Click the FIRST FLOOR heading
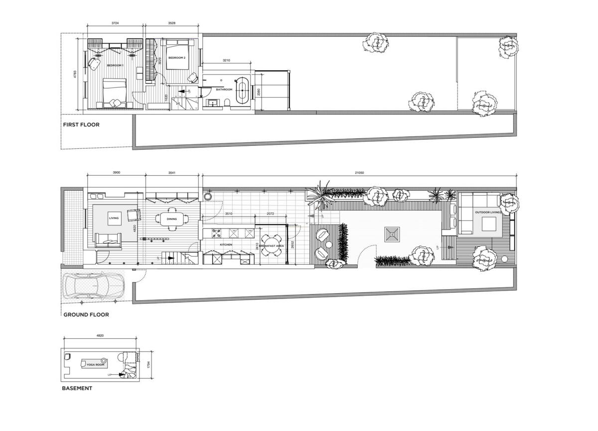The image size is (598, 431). pos(81,125)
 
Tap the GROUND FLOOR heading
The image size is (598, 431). pos(86,315)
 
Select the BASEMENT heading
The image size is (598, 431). pos(77,388)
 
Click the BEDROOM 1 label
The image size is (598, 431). pos(115,66)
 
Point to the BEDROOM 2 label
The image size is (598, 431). pos(176,58)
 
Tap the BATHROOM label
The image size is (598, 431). pos(224,90)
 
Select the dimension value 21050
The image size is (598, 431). pos(359,172)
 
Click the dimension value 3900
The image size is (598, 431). pos(116,172)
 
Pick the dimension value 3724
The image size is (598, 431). pos(115,23)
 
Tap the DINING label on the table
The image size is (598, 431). pos(171,219)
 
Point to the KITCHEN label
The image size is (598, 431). pos(226,245)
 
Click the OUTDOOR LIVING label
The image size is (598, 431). pos(487,213)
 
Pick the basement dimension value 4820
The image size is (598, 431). pos(100,336)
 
